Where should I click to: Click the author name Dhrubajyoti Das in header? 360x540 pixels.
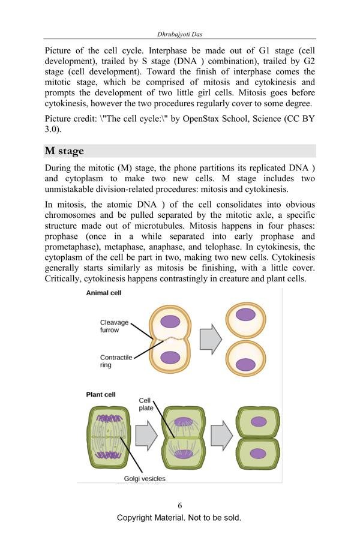tap(179, 34)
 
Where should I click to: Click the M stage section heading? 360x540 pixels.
tap(64, 151)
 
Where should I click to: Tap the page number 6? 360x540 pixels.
tap(179, 506)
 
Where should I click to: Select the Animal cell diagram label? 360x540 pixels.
tap(104, 293)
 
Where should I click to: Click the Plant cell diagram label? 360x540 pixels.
tap(101, 395)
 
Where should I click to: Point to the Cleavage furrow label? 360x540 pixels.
tap(114, 326)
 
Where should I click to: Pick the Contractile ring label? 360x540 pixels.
tap(116, 361)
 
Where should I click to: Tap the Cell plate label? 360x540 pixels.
tap(146, 404)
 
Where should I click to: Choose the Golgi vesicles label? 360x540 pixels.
tap(145, 478)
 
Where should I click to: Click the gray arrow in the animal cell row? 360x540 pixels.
tap(211, 339)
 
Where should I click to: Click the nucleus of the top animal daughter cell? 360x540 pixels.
tap(245, 314)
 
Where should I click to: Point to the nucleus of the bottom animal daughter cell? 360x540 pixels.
tap(245, 364)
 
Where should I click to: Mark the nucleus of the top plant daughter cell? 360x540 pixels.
tap(259, 421)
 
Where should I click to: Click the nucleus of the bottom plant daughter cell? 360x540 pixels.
tap(258, 453)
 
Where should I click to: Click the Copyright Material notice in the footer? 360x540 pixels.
tap(179, 517)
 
